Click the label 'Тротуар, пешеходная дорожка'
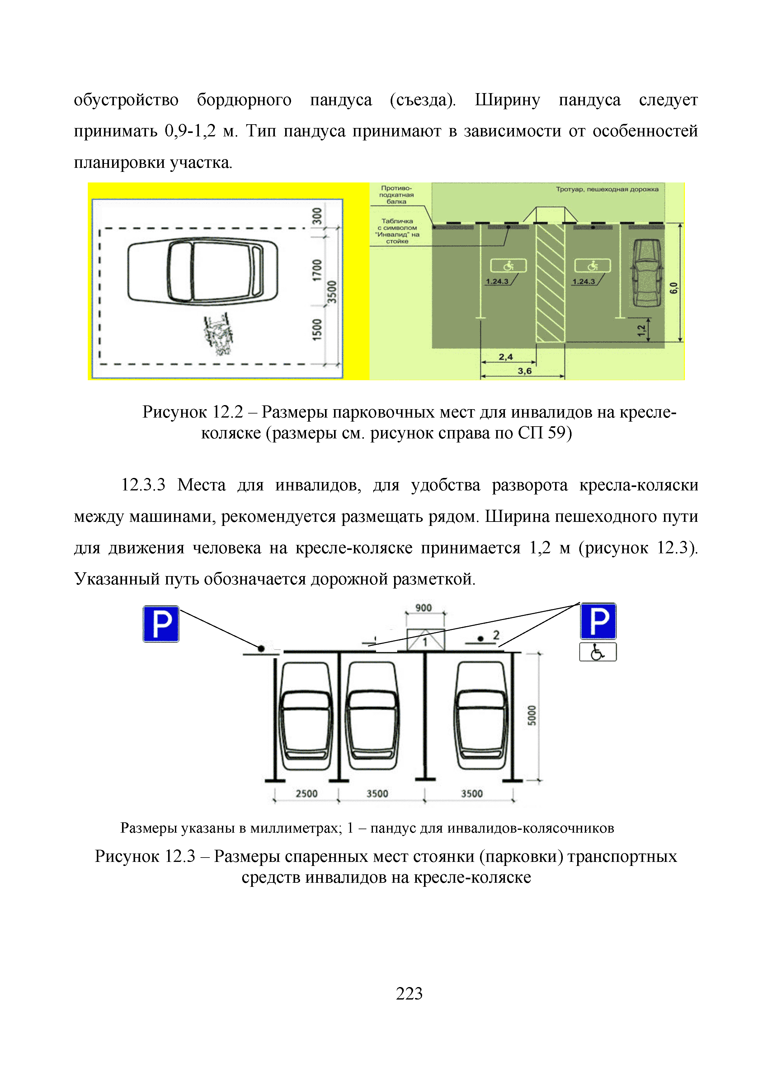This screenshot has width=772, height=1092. (607, 189)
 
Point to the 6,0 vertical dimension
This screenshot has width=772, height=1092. (674, 288)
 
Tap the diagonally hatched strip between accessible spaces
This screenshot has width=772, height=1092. (550, 283)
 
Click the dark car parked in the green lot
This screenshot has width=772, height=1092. (647, 273)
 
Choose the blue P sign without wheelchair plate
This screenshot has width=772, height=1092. (161, 623)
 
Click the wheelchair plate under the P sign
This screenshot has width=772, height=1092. (598, 652)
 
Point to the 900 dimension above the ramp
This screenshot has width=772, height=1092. (424, 608)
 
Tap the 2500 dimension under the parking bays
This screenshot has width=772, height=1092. (307, 794)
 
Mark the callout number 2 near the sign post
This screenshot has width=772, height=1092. (496, 635)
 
